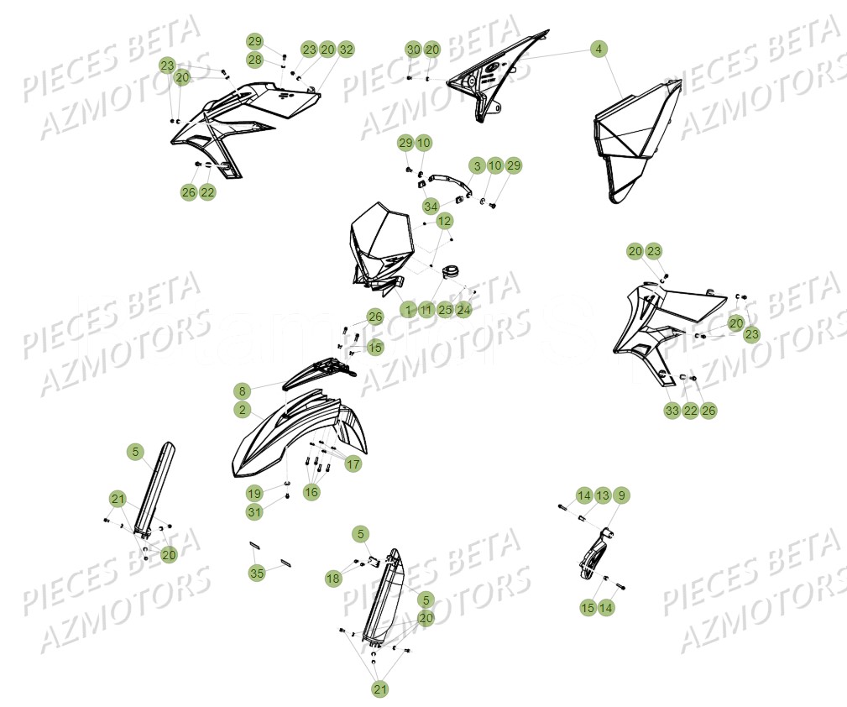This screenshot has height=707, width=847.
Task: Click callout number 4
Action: (x=598, y=50)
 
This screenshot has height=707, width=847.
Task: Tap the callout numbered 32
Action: (x=346, y=50)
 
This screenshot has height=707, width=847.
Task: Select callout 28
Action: (x=255, y=60)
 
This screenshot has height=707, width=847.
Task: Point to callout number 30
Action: (x=413, y=50)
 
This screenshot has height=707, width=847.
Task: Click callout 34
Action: (x=431, y=206)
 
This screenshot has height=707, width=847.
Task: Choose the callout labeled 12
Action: (x=444, y=221)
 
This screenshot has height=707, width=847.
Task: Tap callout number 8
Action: (x=242, y=390)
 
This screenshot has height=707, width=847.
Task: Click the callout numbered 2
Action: (x=242, y=410)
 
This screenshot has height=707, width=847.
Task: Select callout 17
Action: (x=353, y=463)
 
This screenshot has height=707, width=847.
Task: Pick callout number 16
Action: (x=311, y=492)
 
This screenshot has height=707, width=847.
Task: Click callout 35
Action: (x=257, y=573)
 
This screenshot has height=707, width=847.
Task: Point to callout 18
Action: (x=333, y=579)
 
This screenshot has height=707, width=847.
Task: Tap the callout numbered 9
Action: (x=621, y=495)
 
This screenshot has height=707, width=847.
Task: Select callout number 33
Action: (x=672, y=411)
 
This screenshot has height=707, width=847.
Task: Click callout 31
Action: (x=254, y=511)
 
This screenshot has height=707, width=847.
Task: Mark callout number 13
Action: (x=603, y=495)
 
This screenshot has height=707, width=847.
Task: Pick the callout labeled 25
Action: (x=445, y=310)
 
